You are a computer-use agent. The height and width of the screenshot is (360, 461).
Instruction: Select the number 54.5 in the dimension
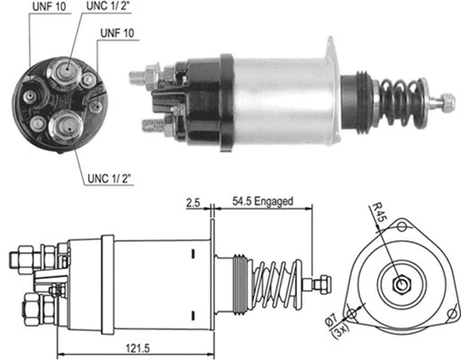click(x=243, y=201)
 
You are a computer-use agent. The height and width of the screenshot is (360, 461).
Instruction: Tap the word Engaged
click(x=275, y=201)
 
